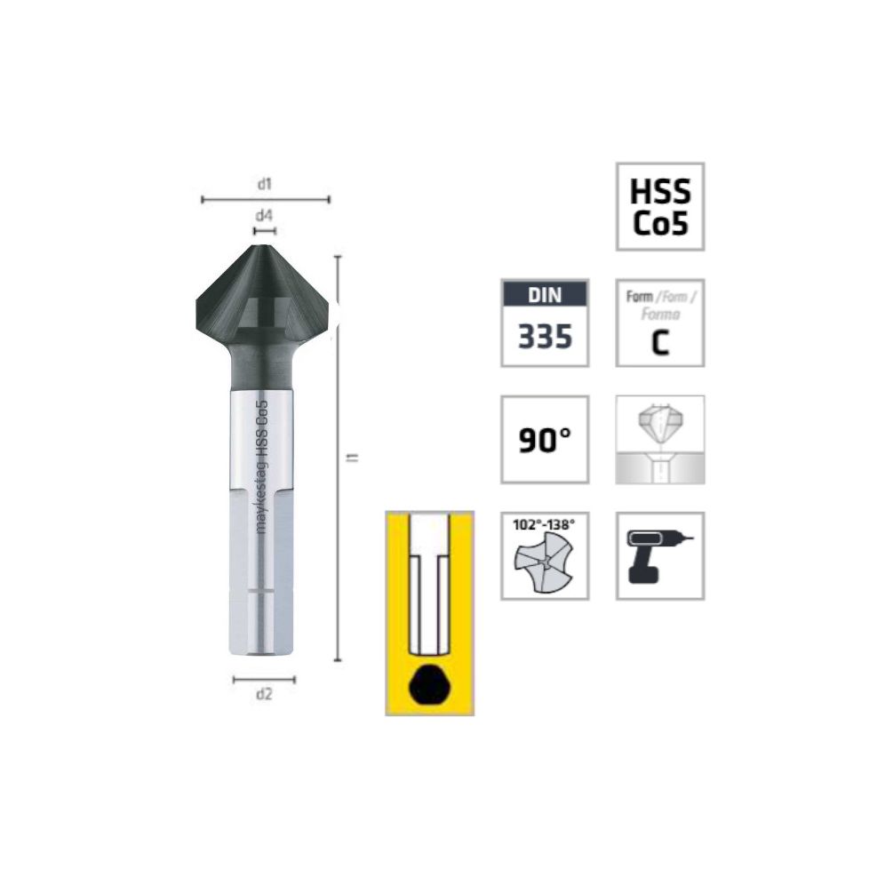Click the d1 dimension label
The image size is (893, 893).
pos(265,184)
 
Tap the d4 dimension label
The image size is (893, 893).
pos(264,215)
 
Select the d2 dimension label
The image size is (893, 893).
pos(264,694)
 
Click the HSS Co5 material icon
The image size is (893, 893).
pos(660,207)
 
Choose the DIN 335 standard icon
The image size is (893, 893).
pos(545,323)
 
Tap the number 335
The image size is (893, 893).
pos(545,337)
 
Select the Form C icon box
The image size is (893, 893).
pos(660,323)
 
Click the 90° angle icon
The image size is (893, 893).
pos(545,440)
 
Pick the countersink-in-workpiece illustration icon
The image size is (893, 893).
pos(660,440)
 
